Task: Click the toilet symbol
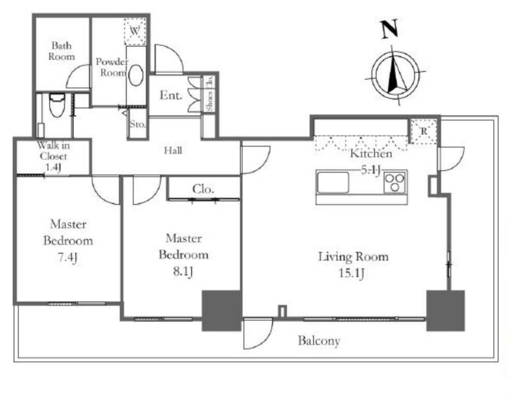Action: point(57,105)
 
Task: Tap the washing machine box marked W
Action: point(135,31)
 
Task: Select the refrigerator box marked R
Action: point(424,131)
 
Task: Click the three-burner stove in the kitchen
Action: point(395,182)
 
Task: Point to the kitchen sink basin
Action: point(333,182)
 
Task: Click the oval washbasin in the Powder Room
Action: point(135,75)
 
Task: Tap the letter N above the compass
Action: point(389,29)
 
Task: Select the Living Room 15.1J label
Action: point(353,264)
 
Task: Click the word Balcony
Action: point(319,341)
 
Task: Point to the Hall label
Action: point(173,151)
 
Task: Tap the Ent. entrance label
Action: point(171,95)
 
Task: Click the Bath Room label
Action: point(61,51)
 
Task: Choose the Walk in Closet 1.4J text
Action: point(53,156)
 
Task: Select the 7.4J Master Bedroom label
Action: point(68,241)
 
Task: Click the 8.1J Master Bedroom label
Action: point(183,255)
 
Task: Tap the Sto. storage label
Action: point(138,124)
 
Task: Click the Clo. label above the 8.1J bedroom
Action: point(203,189)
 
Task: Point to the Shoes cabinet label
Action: point(209,101)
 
